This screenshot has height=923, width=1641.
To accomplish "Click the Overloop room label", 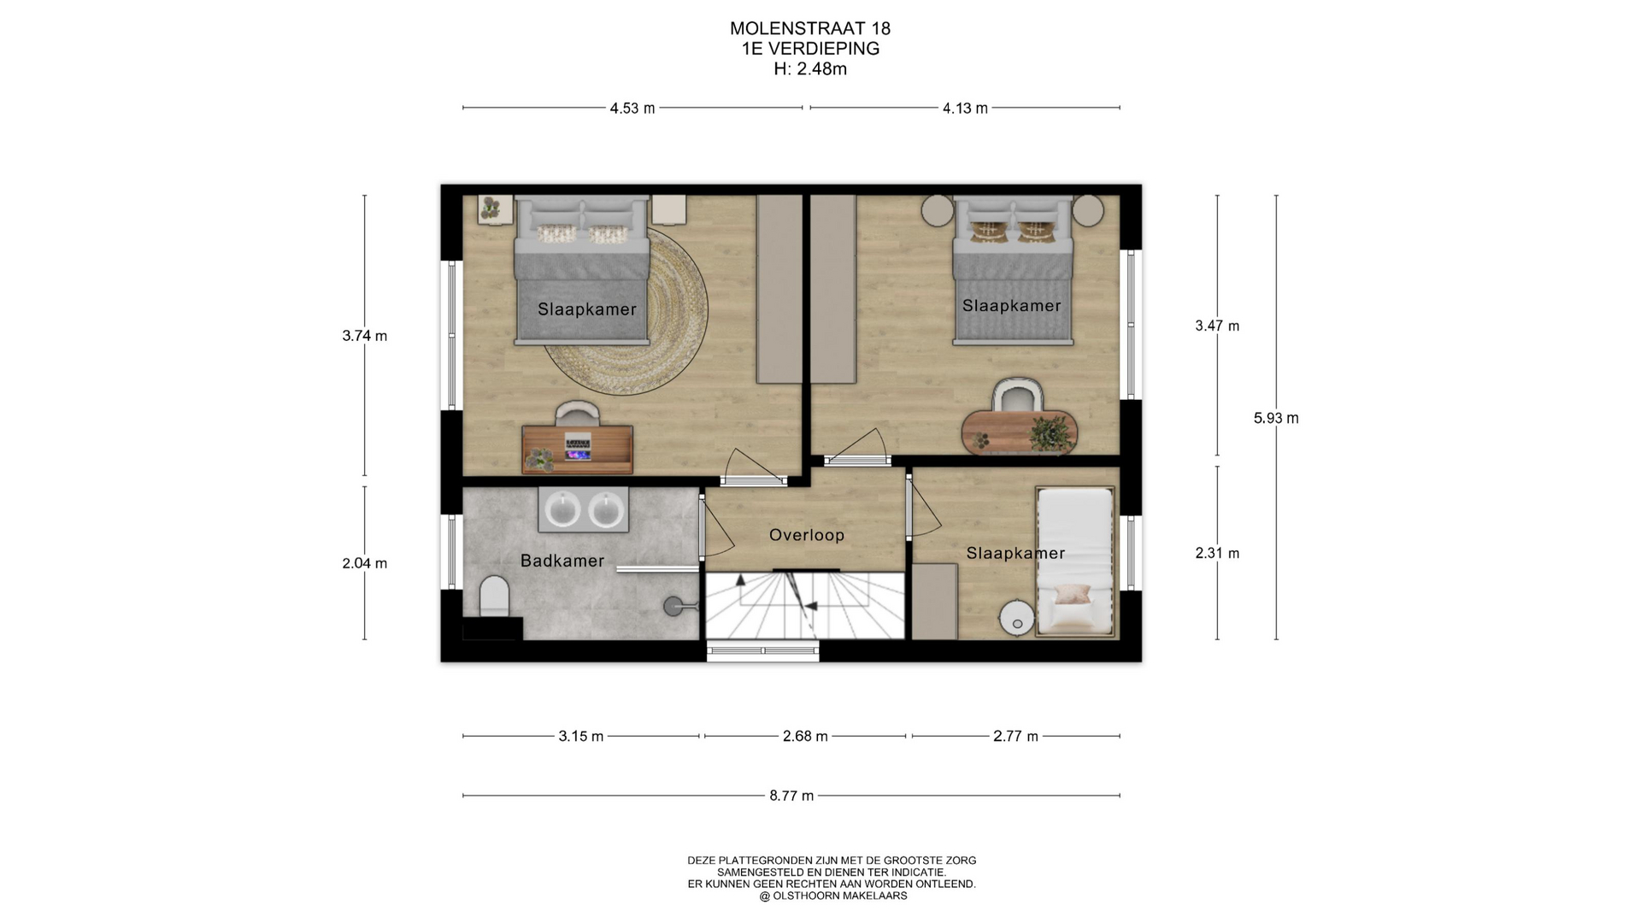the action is click(x=806, y=536).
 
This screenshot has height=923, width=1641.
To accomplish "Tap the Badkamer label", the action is click(x=562, y=561).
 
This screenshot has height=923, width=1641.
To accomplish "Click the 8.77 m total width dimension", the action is click(x=791, y=796).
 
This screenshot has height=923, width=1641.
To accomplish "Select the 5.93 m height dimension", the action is click(x=1276, y=418).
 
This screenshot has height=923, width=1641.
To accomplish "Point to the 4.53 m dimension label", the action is click(x=632, y=109).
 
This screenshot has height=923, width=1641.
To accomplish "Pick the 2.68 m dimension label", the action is click(x=805, y=736).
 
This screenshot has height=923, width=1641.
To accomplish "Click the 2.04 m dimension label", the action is click(x=365, y=563).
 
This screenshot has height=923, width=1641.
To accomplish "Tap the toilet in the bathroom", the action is click(x=494, y=596).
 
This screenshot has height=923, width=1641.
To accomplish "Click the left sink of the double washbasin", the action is click(x=563, y=510).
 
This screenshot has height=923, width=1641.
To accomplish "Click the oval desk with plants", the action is click(x=1020, y=432).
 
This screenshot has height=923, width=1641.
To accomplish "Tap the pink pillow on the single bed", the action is click(x=1072, y=594).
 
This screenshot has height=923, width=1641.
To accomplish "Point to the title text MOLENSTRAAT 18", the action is click(x=810, y=28).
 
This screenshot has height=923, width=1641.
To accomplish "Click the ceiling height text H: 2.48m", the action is click(x=810, y=69).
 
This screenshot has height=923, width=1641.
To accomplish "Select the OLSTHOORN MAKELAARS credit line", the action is click(x=833, y=897).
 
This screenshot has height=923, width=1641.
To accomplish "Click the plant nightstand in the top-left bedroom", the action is click(x=494, y=209).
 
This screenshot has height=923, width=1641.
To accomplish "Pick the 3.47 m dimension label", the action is click(x=1217, y=326).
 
